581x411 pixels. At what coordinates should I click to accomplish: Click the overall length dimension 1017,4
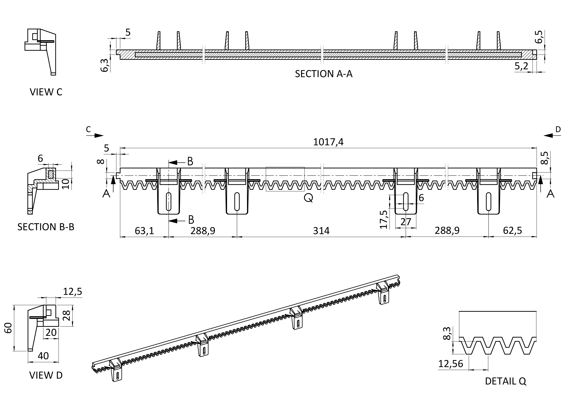pyautogui.click(x=328, y=142)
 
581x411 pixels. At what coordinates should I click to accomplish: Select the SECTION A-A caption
pyautogui.click(x=324, y=74)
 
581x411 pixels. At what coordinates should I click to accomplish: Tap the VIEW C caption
pyautogui.click(x=46, y=92)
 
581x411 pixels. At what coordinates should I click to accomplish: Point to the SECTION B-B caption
pyautogui.click(x=46, y=227)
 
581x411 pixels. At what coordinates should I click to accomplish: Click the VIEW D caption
pyautogui.click(x=46, y=375)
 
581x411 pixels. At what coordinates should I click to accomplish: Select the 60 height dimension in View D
pyautogui.click(x=8, y=328)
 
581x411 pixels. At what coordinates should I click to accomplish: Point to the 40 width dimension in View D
pyautogui.click(x=43, y=356)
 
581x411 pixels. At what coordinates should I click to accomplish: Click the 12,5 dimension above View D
pyautogui.click(x=73, y=292)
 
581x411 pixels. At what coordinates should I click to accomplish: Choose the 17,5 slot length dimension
pyautogui.click(x=384, y=219)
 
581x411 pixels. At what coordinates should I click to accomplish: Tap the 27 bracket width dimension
pyautogui.click(x=406, y=222)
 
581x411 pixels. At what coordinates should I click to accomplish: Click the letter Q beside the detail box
pyautogui.click(x=308, y=198)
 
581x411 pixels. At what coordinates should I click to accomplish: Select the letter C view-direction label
pyautogui.click(x=88, y=130)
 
